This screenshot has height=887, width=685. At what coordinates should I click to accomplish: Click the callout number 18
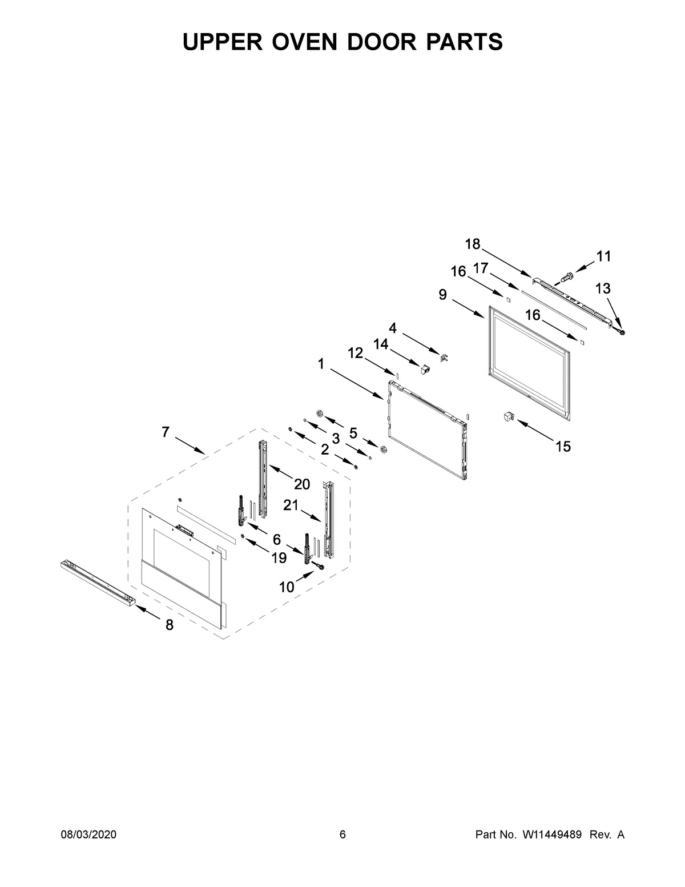pyautogui.click(x=473, y=244)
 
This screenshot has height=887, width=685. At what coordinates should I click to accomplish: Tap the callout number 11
pyautogui.click(x=603, y=256)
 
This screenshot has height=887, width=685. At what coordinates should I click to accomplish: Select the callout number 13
pyautogui.click(x=603, y=289)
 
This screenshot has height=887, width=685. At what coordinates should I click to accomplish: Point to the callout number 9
pyautogui.click(x=443, y=294)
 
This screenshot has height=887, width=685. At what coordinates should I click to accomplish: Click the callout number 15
pyautogui.click(x=563, y=447)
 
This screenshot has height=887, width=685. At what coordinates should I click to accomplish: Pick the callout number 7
pyautogui.click(x=166, y=432)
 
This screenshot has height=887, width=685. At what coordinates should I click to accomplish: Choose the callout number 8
pyautogui.click(x=170, y=625)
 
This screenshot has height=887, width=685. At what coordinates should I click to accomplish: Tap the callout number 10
pyautogui.click(x=287, y=587)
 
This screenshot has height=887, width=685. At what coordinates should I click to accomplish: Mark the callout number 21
pyautogui.click(x=291, y=505)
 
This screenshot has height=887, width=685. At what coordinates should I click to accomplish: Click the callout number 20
pyautogui.click(x=302, y=484)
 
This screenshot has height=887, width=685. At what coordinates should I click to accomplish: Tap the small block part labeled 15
pyautogui.click(x=507, y=417)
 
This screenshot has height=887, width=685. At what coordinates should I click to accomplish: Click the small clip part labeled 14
pyautogui.click(x=425, y=370)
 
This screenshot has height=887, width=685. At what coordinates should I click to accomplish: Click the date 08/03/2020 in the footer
pyautogui.click(x=88, y=834)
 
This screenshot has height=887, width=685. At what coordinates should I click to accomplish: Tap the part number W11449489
pyautogui.click(x=551, y=834)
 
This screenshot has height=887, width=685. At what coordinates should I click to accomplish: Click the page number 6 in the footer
pyautogui.click(x=342, y=834)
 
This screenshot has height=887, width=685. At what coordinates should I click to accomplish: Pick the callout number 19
pyautogui.click(x=279, y=558)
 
